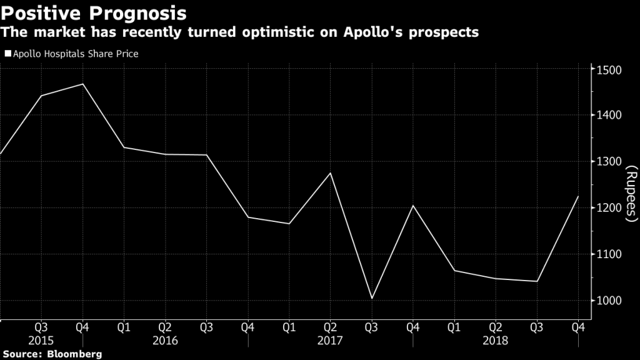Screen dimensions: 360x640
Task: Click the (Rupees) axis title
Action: click(x=631, y=194)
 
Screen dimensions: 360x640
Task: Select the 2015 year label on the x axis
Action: click(x=41, y=341)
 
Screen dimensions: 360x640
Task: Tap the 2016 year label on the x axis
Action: click(x=165, y=341)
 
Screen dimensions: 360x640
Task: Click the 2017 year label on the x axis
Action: click(x=330, y=341)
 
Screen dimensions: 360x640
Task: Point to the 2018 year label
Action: click(x=495, y=341)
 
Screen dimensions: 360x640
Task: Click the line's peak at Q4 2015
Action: click(x=82, y=84)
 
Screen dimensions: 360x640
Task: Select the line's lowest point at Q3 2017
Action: click(x=372, y=299)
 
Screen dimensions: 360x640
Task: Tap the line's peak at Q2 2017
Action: click(x=331, y=172)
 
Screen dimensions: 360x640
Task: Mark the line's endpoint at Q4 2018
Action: click(x=578, y=196)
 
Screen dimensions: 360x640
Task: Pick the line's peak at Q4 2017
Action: click(x=413, y=206)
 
